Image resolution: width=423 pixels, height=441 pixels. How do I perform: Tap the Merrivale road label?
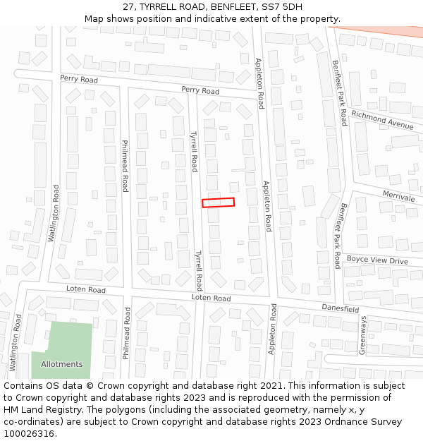coord(399,196)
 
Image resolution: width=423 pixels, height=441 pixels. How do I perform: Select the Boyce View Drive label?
coord(377,261)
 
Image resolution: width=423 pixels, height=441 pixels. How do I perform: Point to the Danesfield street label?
coord(341,308)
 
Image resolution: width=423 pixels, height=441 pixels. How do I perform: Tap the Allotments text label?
coord(61,364)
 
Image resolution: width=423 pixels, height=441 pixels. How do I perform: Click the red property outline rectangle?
coord(218,203)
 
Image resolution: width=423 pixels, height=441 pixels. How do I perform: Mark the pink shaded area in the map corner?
coord(381,32)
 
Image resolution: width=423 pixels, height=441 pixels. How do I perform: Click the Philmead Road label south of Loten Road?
coord(127,334)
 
